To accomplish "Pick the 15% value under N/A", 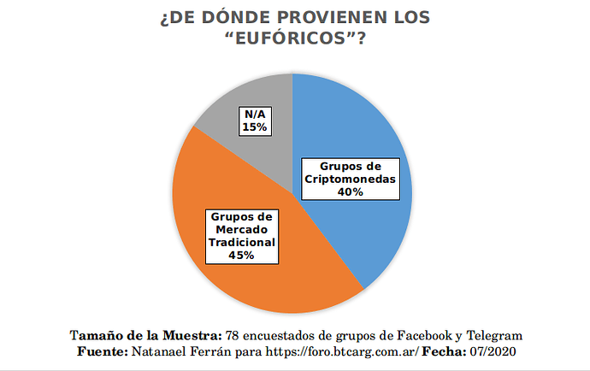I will (x=255, y=127).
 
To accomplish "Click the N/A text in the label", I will (x=255, y=115).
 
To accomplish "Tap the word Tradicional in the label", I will (x=242, y=242).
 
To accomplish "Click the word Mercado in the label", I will (x=242, y=229).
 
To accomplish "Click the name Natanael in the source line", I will (x=162, y=352).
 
